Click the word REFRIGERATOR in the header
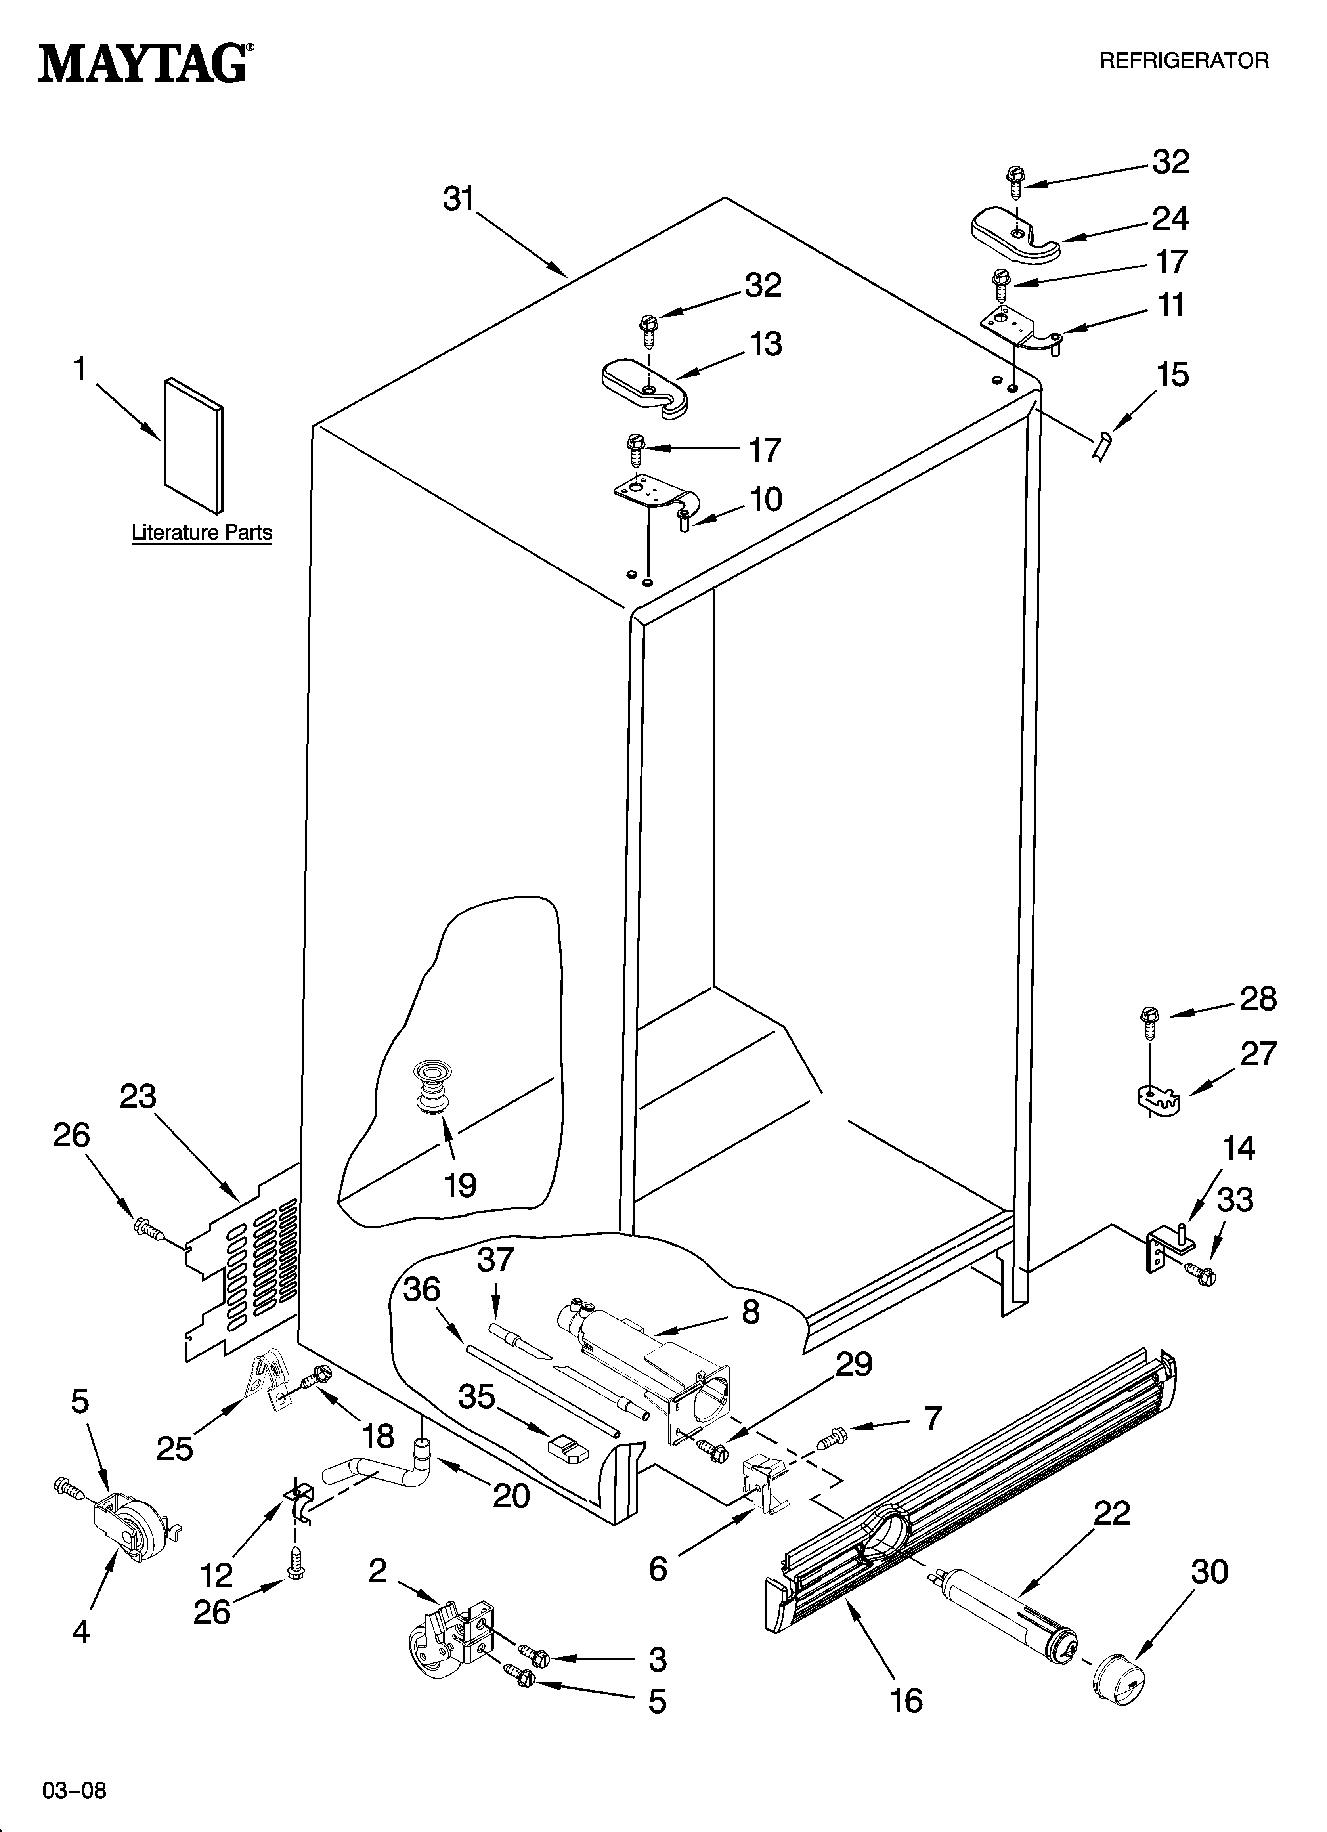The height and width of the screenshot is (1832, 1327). click(1184, 61)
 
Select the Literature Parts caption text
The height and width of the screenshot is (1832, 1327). click(201, 533)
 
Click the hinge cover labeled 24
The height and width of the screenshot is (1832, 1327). click(1014, 234)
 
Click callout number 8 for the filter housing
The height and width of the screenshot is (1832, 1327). click(750, 1312)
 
